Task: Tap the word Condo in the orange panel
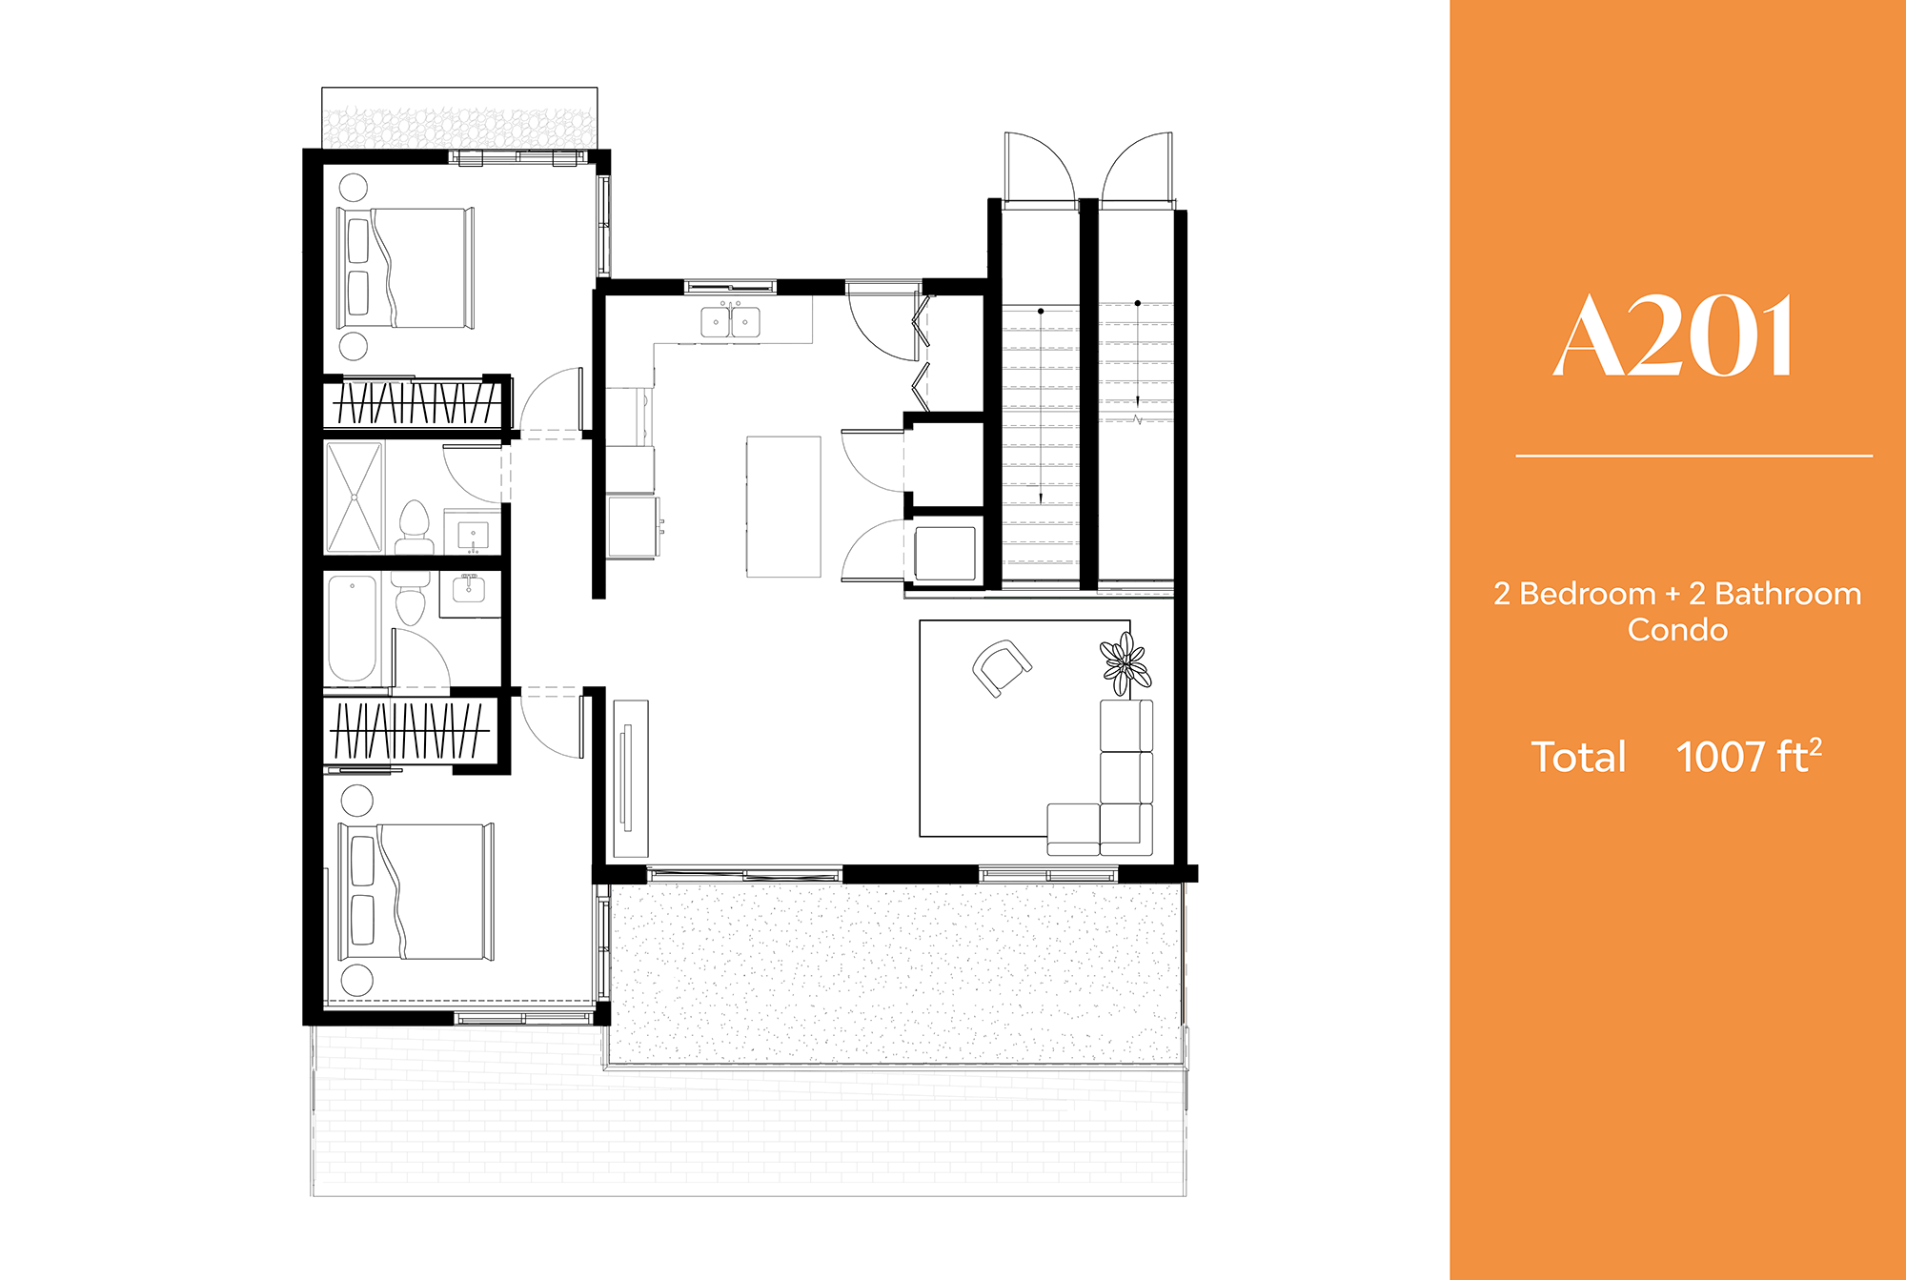[1677, 630]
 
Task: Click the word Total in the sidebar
[1578, 758]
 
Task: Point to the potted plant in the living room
[1125, 663]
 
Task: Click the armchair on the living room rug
[1001, 667]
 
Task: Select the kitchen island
[783, 506]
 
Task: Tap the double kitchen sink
[731, 321]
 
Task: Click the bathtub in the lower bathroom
[353, 629]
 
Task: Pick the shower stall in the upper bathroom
[355, 497]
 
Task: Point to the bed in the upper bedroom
[406, 268]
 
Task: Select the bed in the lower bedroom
[417, 891]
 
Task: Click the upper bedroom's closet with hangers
[416, 403]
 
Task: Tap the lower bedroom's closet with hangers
[410, 731]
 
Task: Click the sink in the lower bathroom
[469, 590]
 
